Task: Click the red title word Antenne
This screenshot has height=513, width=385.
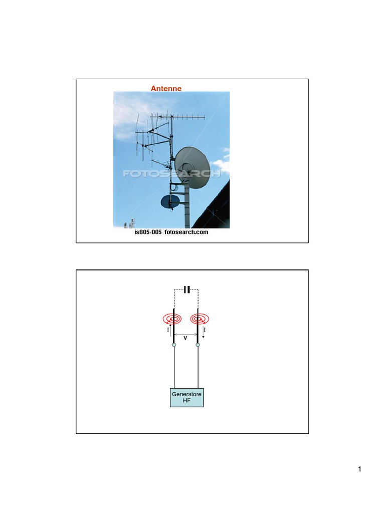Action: pos(166,88)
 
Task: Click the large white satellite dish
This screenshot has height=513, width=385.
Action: pos(192,167)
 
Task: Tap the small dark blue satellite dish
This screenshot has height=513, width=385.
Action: pos(170,201)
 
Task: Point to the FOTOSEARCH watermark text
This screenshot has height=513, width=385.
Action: pos(171,173)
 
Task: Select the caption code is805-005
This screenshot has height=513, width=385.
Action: pos(148,232)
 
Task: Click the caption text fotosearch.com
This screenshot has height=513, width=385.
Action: pos(186,232)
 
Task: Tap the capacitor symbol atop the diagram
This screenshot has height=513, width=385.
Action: pos(186,290)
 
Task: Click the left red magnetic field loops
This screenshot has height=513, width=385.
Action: pos(172,319)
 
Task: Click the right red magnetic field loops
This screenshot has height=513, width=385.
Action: pos(200,319)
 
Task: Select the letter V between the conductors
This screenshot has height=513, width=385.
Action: pos(185,338)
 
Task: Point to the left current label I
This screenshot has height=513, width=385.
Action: pos(168,330)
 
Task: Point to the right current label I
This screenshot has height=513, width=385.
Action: pos(205,330)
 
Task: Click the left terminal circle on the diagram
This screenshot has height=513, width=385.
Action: pos(174,345)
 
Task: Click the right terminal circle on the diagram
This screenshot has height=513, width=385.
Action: pos(198,345)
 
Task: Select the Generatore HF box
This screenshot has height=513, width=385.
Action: pos(186,397)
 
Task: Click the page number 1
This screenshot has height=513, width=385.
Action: pos(360,469)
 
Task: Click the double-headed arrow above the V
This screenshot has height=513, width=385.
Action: pos(185,334)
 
